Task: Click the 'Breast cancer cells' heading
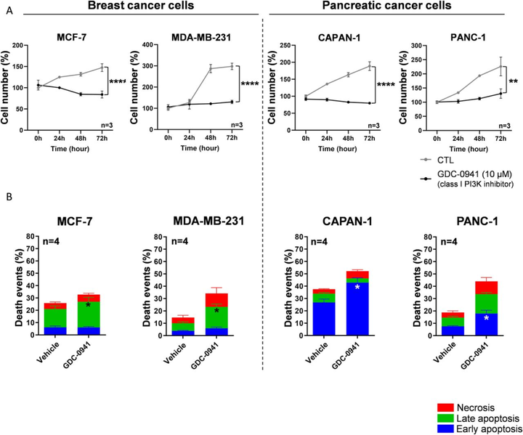(x=130, y=7)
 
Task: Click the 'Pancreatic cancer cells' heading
(x=388, y=7)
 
